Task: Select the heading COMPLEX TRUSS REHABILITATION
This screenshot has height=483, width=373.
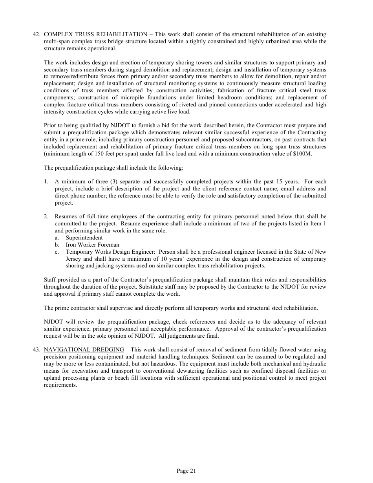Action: pyautogui.click(x=95, y=35)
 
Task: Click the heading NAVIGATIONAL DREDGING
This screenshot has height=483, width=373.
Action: pyautogui.click(x=84, y=350)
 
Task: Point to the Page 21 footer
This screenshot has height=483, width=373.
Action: pyautogui.click(x=186, y=471)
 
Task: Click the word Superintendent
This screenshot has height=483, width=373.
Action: pyautogui.click(x=84, y=238)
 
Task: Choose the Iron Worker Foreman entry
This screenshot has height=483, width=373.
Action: pyautogui.click(x=92, y=245)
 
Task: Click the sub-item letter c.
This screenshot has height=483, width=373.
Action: pyautogui.click(x=57, y=252)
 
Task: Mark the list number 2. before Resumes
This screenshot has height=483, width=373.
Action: pyautogui.click(x=46, y=217)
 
